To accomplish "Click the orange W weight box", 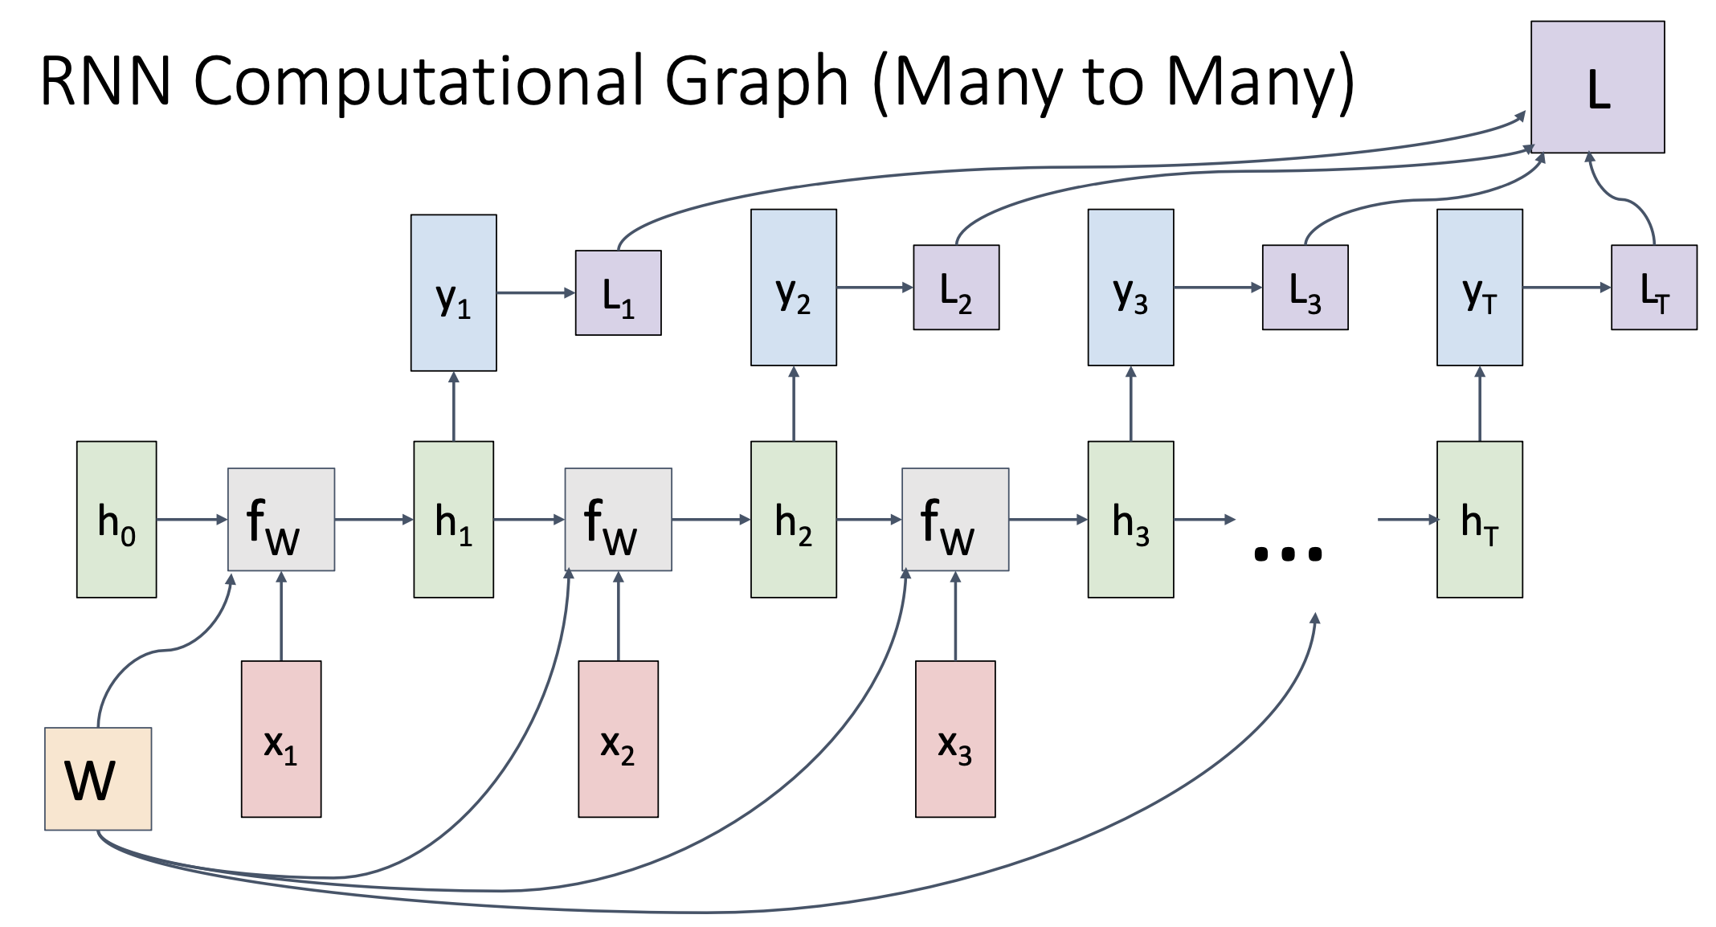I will point(98,778).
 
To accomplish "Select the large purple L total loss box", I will point(1597,87).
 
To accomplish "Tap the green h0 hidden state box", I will point(116,519).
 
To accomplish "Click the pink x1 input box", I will point(281,739).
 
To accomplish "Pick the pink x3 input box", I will point(955,739).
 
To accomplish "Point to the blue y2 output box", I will point(794,288).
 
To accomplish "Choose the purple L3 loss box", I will point(1305,288).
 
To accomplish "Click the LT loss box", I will point(1654,288).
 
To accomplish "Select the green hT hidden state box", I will point(1479,519).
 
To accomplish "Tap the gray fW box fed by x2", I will point(618,519).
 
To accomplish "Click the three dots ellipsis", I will point(1287,553).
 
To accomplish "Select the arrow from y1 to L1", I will point(535,292).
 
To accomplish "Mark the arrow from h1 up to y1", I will point(454,406).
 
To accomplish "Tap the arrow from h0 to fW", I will point(192,520).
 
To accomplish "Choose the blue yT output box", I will point(1479,288).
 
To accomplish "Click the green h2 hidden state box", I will point(794,519).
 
